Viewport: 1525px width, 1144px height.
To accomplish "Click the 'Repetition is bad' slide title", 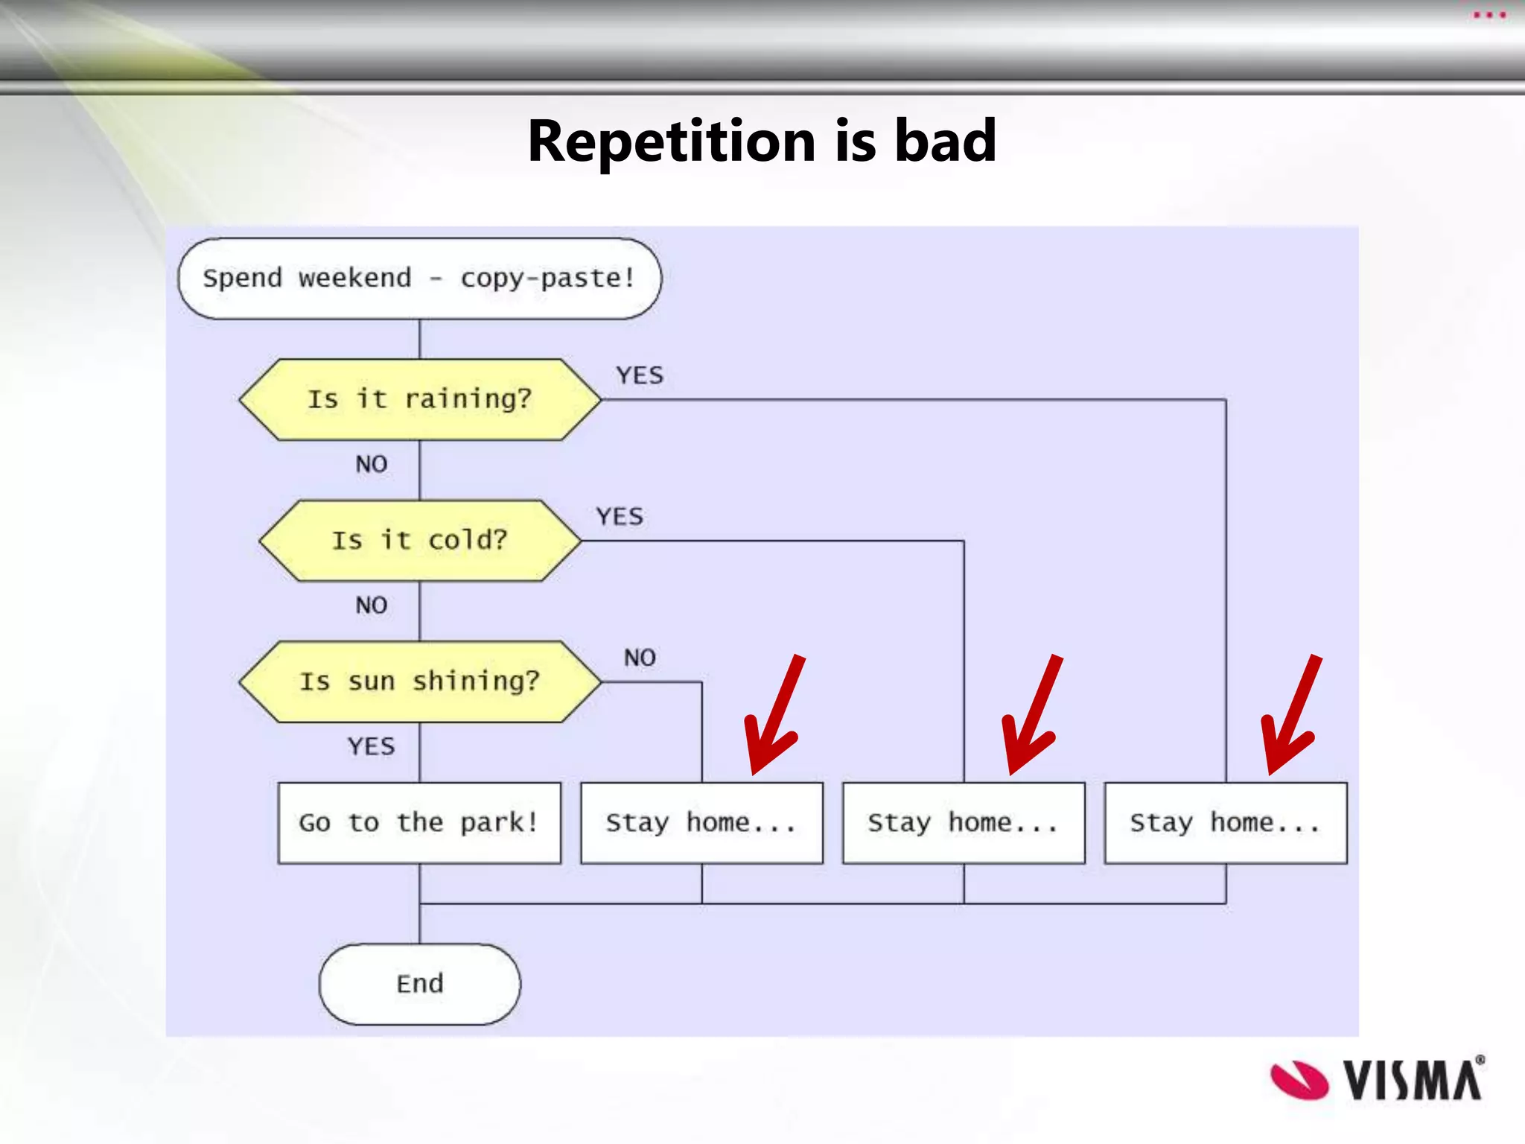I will (x=762, y=142).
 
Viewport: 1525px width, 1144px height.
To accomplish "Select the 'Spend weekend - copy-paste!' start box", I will (x=419, y=279).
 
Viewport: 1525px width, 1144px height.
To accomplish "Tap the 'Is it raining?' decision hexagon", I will (x=419, y=399).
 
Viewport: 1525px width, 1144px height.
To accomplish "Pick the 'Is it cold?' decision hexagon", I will (x=419, y=540).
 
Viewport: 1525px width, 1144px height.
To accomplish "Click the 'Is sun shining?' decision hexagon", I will (x=419, y=681).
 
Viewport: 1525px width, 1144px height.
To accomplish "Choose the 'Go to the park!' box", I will (x=419, y=822).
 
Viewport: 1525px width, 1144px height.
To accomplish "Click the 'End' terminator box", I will (x=419, y=984).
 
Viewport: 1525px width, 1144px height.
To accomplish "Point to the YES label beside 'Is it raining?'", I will (x=640, y=375).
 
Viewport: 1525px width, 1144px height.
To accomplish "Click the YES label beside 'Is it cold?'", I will (x=620, y=516).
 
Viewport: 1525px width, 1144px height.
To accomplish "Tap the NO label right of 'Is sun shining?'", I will (x=640, y=658).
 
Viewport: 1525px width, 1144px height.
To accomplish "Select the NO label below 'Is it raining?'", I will (x=371, y=464).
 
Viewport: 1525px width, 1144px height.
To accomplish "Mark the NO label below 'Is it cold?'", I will (x=371, y=605).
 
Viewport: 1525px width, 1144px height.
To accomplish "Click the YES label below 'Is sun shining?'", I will (x=371, y=746).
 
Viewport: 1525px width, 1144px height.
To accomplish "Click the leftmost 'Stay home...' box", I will (x=701, y=822).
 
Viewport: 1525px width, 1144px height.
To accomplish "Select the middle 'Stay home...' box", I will (x=964, y=822).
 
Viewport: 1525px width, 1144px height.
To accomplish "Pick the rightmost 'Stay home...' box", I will (x=1226, y=822).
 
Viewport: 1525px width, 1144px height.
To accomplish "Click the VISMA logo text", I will (x=1413, y=1080).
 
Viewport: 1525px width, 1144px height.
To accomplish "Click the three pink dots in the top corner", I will (x=1489, y=15).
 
